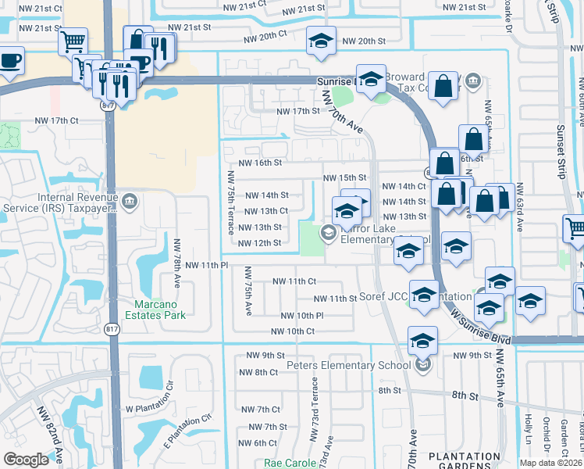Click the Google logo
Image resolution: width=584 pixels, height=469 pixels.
tap(26, 460)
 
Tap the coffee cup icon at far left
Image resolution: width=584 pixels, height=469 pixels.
tap(9, 62)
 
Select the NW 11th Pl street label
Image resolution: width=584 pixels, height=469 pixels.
tap(206, 266)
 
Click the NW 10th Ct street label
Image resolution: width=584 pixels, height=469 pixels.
tap(292, 331)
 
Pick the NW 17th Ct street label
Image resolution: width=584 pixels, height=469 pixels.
tap(57, 120)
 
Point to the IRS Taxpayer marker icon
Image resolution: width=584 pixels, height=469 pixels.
tap(130, 203)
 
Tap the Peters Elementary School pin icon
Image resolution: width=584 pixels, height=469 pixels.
tap(422, 365)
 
